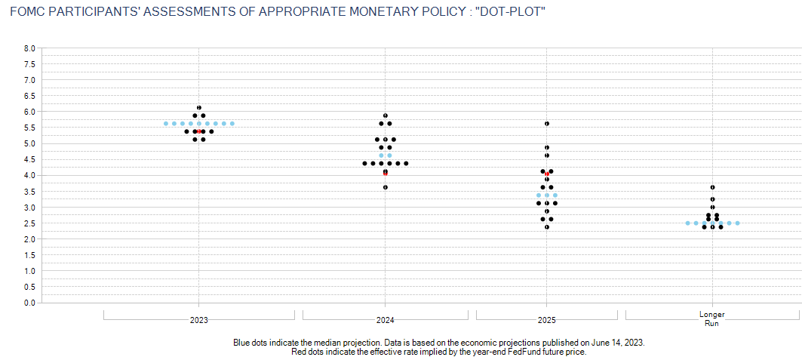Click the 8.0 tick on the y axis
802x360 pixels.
coord(30,48)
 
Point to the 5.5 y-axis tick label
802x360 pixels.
coord(30,128)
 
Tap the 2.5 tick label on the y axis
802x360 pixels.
coord(30,223)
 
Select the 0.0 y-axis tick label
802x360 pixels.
coord(30,303)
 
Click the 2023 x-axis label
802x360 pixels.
coord(198,320)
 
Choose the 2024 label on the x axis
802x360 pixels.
coord(386,320)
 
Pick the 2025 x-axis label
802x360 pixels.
coord(547,320)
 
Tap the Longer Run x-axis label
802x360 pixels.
coord(712,318)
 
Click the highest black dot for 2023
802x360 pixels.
coord(199,107)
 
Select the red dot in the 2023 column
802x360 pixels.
coord(199,131)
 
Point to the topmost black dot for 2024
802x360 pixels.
coord(386,115)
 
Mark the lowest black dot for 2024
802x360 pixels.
coord(386,187)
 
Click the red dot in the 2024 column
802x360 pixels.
coord(386,173)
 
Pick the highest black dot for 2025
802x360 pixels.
coord(547,123)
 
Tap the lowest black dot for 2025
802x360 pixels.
coord(547,226)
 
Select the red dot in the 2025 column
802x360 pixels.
coord(547,174)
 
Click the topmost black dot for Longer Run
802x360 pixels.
coord(712,187)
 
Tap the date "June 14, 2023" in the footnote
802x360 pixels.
coord(617,342)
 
